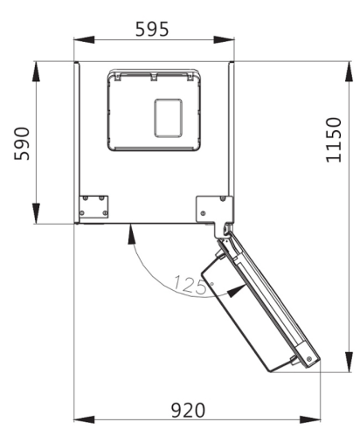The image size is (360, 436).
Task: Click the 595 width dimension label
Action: (x=152, y=29)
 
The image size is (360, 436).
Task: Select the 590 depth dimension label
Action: (x=22, y=143)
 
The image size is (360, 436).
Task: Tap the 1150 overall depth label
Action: (x=334, y=140)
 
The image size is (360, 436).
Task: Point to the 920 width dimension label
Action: (x=188, y=411)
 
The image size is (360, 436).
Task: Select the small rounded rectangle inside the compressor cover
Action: (x=169, y=118)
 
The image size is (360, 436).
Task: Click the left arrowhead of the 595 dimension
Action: (x=84, y=39)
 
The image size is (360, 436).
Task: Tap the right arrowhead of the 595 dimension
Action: (x=224, y=39)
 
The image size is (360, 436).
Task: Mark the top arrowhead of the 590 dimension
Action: (x=36, y=72)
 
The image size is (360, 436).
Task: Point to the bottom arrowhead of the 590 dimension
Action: (x=36, y=213)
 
